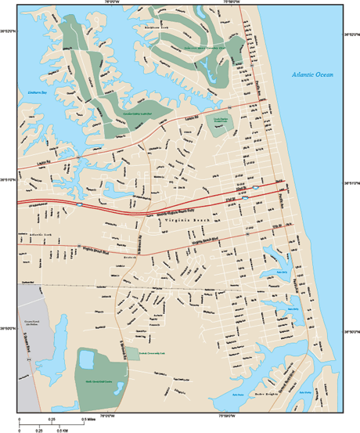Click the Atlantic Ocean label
312,74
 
